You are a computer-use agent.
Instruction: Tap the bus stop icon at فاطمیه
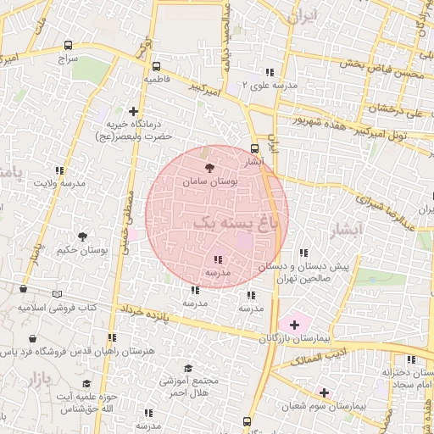point(155,66)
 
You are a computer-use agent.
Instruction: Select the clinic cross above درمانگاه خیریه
point(133,110)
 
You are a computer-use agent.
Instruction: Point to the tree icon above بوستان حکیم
point(82,237)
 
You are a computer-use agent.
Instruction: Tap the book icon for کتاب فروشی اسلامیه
point(57,294)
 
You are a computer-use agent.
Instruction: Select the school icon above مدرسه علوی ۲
point(270,72)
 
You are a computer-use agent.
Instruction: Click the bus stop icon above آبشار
point(255,148)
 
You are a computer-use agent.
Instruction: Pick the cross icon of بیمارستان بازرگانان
point(294,324)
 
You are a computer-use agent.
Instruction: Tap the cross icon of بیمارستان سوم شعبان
point(323,392)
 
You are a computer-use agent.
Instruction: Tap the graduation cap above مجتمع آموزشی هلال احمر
point(187,368)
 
